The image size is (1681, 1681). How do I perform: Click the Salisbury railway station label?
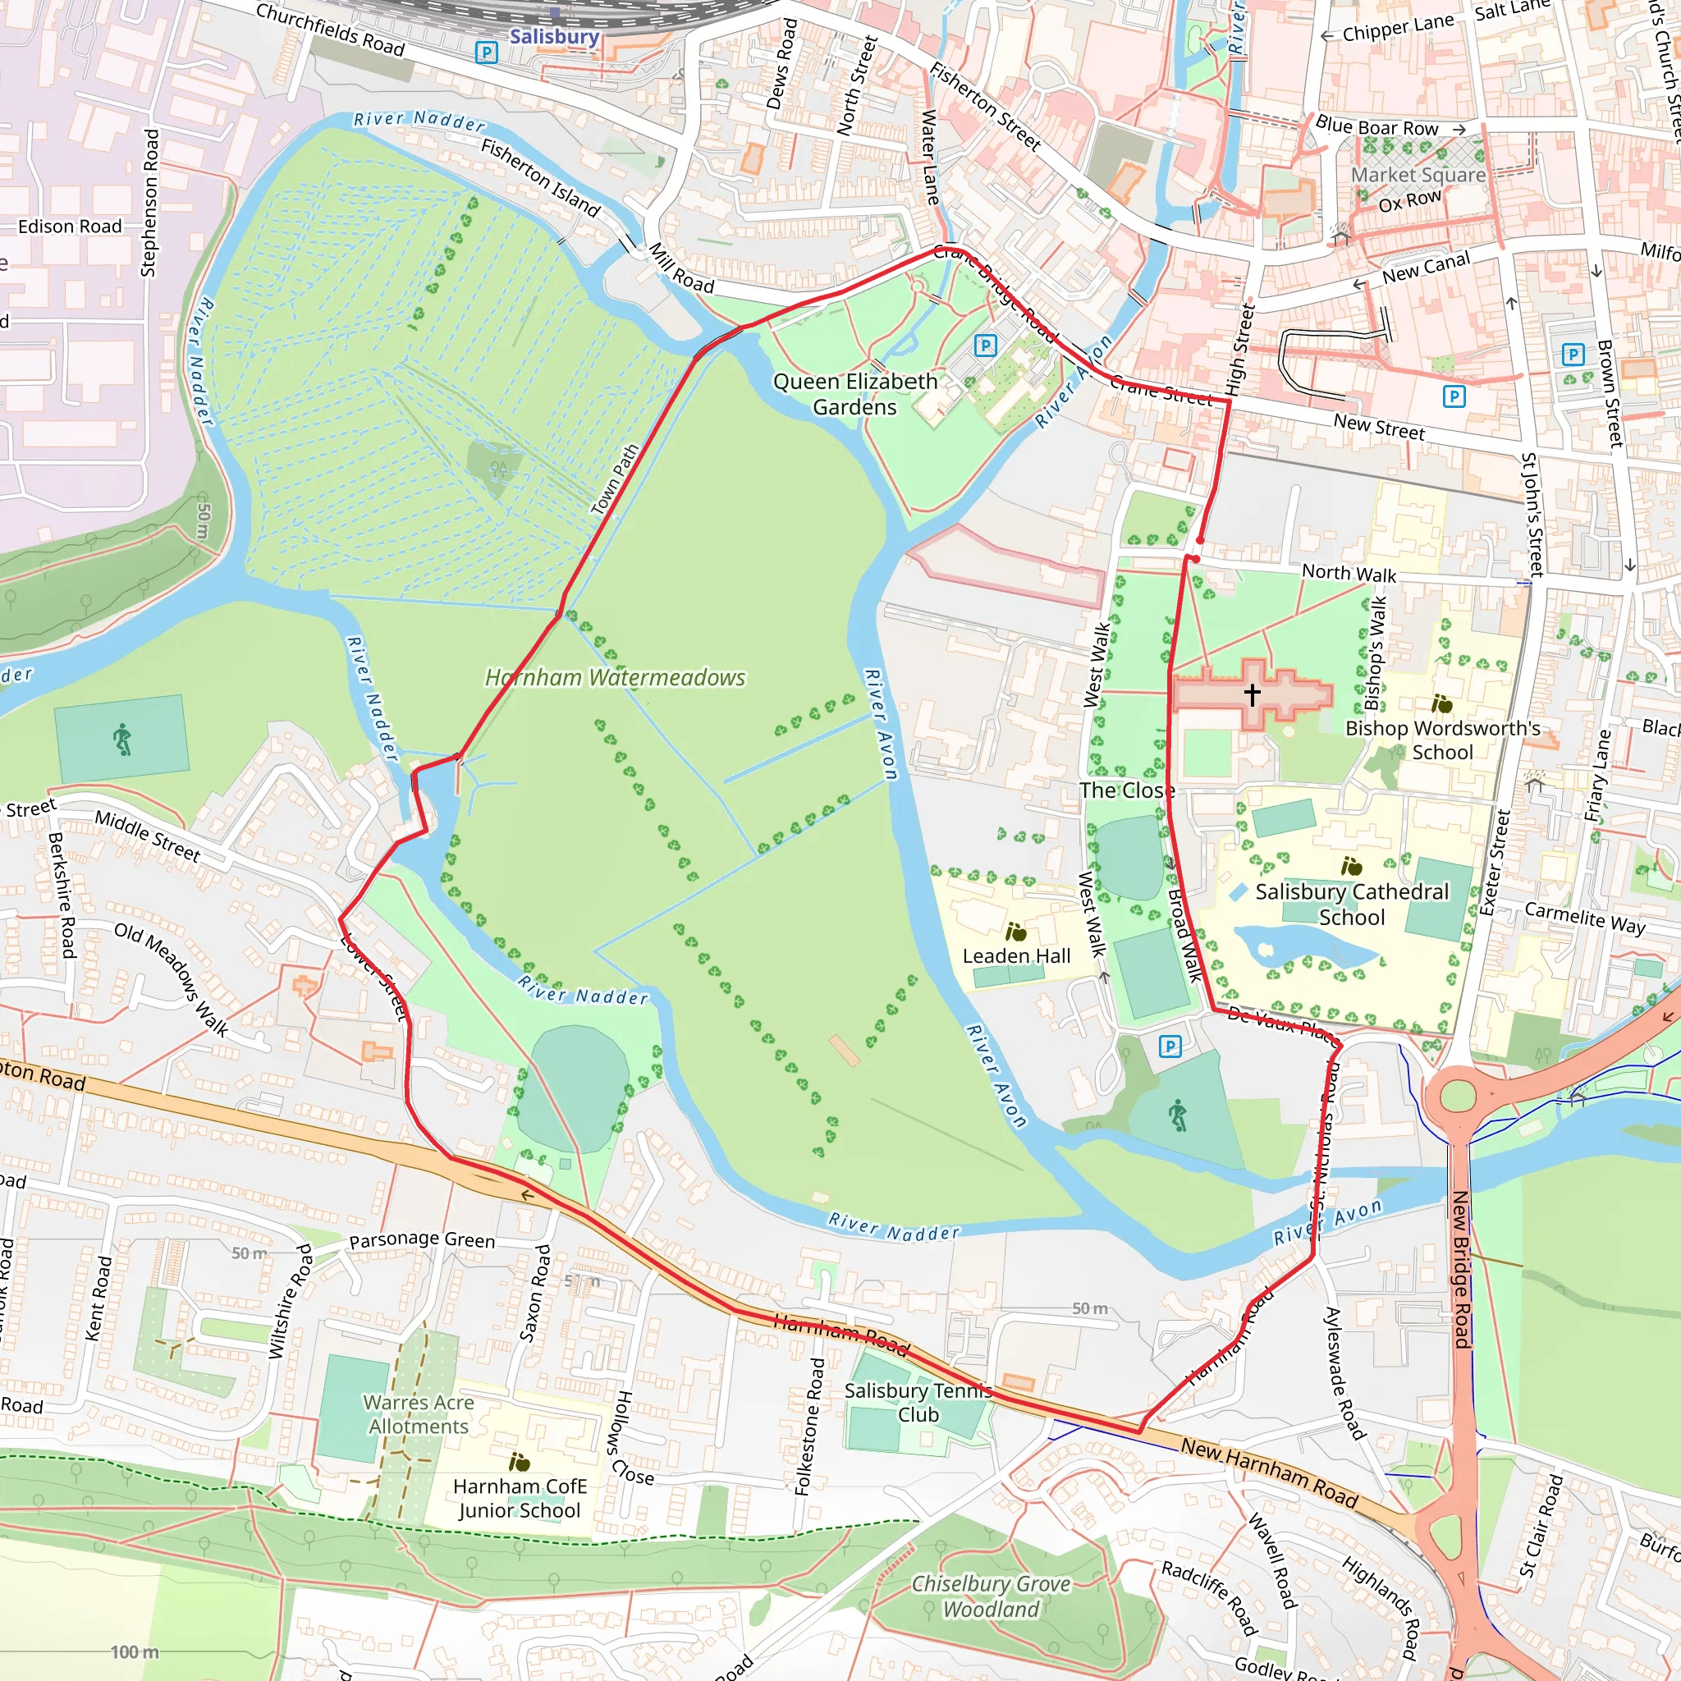pos(554,37)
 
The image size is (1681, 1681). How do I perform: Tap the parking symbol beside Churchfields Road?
pos(487,53)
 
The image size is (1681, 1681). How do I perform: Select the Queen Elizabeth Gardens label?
pos(854,394)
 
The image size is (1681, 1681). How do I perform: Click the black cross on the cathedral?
pos(1251,694)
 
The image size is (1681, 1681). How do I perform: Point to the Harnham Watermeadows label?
pos(614,677)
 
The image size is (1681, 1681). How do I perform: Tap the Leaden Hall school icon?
pos(1015,932)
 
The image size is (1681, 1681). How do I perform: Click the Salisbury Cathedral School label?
pos(1351,904)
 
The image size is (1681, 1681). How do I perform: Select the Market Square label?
pos(1418,175)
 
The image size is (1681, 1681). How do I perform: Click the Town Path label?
pos(615,479)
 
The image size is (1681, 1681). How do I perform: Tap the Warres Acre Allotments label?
pos(419,1414)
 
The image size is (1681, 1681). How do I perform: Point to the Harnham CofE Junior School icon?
pos(520,1462)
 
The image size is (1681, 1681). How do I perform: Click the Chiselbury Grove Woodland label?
pos(990,1596)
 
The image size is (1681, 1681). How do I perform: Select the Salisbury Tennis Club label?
pos(918,1402)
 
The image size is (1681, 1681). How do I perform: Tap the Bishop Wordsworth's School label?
pos(1443,740)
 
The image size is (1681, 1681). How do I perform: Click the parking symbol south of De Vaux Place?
pos(1170,1047)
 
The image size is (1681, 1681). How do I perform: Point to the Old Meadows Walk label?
pos(172,980)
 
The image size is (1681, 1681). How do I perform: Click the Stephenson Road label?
pos(149,203)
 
